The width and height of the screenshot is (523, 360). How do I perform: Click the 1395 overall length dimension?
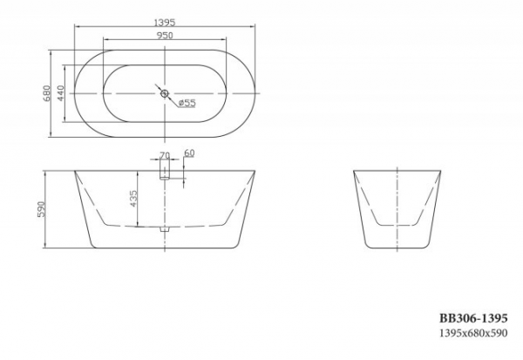165,23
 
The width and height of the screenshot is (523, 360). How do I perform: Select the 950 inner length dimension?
165,35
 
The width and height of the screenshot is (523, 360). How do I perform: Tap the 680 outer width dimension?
46,93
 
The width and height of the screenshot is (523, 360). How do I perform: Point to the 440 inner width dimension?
60,93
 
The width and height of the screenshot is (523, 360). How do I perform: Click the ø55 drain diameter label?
187,103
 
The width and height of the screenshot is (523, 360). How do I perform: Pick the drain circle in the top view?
165,93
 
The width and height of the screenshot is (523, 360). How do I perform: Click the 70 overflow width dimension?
165,155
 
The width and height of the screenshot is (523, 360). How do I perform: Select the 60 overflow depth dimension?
189,153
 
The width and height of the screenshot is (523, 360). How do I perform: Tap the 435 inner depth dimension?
133,199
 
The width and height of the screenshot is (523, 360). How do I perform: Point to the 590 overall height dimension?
41,209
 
